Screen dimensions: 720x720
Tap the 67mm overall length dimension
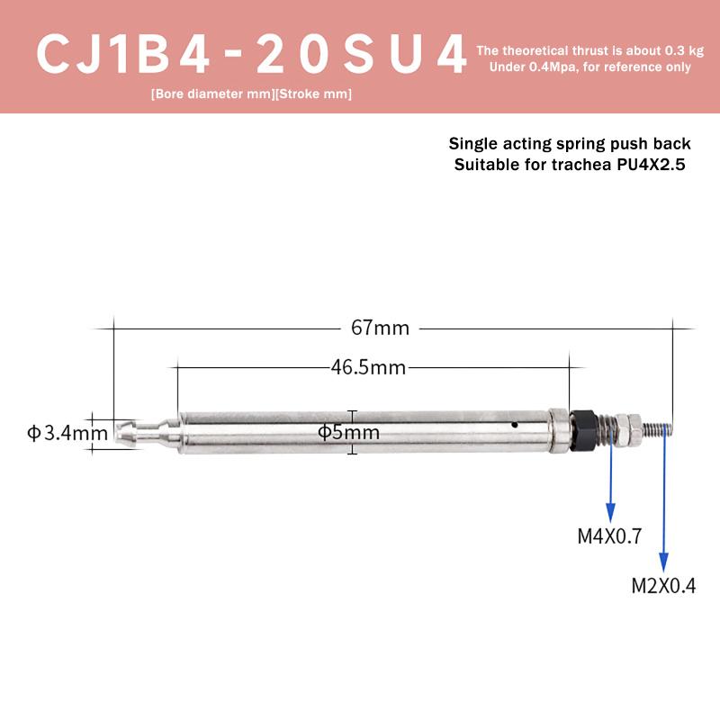coord(380,328)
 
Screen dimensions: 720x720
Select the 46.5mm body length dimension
coord(368,367)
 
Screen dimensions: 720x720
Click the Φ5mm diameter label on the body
coord(348,433)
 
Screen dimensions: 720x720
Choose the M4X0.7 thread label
coord(609,538)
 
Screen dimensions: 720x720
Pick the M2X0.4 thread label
coord(664,587)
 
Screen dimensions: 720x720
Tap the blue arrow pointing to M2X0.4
coord(664,504)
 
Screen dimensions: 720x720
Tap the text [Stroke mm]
coord(309,94)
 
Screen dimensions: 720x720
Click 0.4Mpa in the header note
coord(543,67)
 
